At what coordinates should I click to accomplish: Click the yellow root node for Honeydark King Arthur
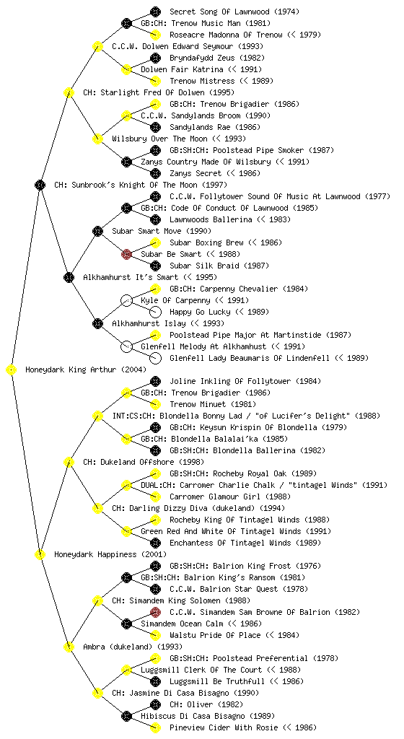pos(12,370)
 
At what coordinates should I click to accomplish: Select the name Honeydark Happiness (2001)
pos(110,555)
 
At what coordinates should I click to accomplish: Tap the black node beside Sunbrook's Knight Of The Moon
pos(40,185)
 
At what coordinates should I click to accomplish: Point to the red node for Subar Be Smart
pos(126,255)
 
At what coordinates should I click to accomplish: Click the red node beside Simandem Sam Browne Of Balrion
pos(155,612)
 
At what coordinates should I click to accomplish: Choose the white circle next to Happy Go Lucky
pos(155,312)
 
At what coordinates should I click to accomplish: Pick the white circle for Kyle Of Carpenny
pos(126,301)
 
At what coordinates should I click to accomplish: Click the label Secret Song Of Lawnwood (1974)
pos(234,12)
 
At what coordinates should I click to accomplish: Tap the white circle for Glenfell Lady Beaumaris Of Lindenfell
pos(155,358)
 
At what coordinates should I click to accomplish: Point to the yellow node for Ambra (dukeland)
pos(69,647)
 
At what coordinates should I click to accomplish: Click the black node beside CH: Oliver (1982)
pos(155,704)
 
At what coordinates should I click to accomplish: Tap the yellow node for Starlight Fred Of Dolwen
pos(69,93)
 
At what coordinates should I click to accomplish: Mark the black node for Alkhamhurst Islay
pos(97,324)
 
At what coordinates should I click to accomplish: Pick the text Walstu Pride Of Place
pos(215,635)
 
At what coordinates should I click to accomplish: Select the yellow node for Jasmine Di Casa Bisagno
pos(97,694)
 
